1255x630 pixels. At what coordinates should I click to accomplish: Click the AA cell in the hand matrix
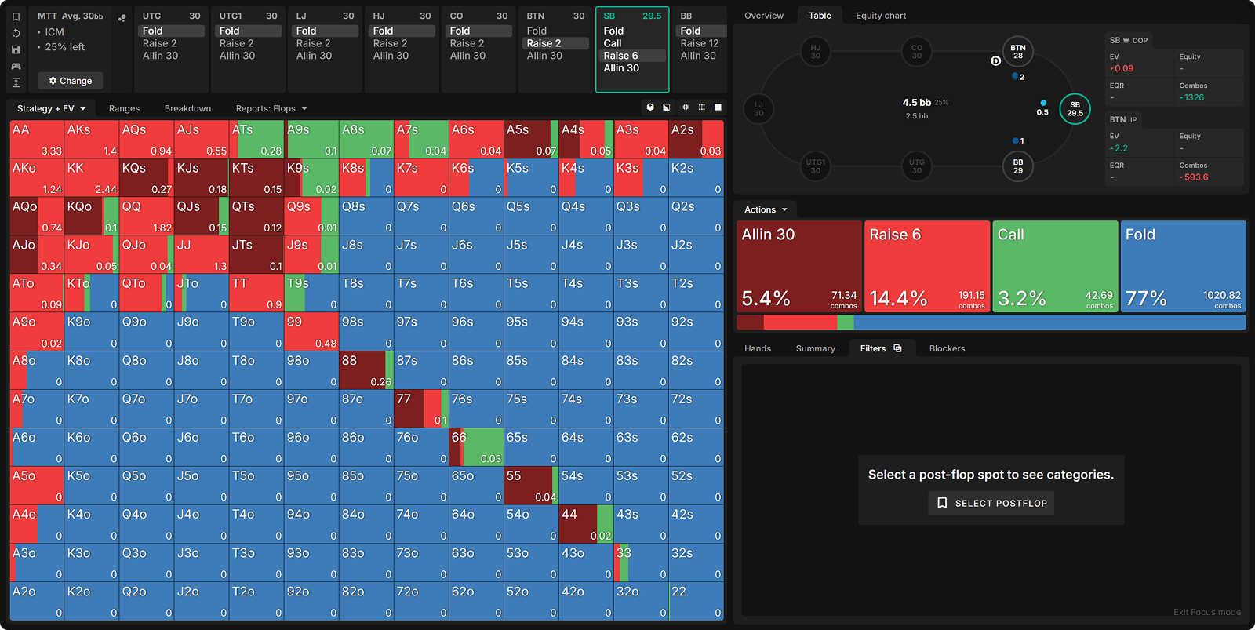[x=37, y=139]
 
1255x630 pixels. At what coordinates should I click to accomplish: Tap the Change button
[x=71, y=81]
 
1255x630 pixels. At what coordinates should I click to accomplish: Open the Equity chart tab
[x=880, y=16]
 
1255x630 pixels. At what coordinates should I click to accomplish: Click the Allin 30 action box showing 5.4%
[x=798, y=266]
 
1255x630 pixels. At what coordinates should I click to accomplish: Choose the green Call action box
[x=1054, y=266]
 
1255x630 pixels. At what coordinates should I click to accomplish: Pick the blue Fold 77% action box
[x=1182, y=266]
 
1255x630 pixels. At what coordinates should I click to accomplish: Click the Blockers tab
[x=947, y=348]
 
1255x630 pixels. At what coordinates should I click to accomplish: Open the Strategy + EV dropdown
[x=51, y=108]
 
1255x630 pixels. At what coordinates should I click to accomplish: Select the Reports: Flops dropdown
[x=271, y=108]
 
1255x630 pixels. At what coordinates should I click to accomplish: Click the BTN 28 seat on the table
[x=1017, y=52]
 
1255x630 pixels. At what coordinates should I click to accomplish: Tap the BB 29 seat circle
[x=1017, y=166]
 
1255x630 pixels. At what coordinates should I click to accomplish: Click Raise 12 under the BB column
[x=699, y=43]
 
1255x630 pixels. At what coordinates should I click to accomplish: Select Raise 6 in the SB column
[x=620, y=56]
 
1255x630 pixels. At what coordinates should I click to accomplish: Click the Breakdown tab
[x=187, y=108]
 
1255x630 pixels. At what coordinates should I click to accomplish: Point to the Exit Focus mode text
[x=1206, y=612]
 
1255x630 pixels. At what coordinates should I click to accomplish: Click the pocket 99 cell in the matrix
[x=311, y=331]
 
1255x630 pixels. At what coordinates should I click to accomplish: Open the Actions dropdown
[x=765, y=209]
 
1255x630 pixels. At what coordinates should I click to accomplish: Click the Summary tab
[x=815, y=348]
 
